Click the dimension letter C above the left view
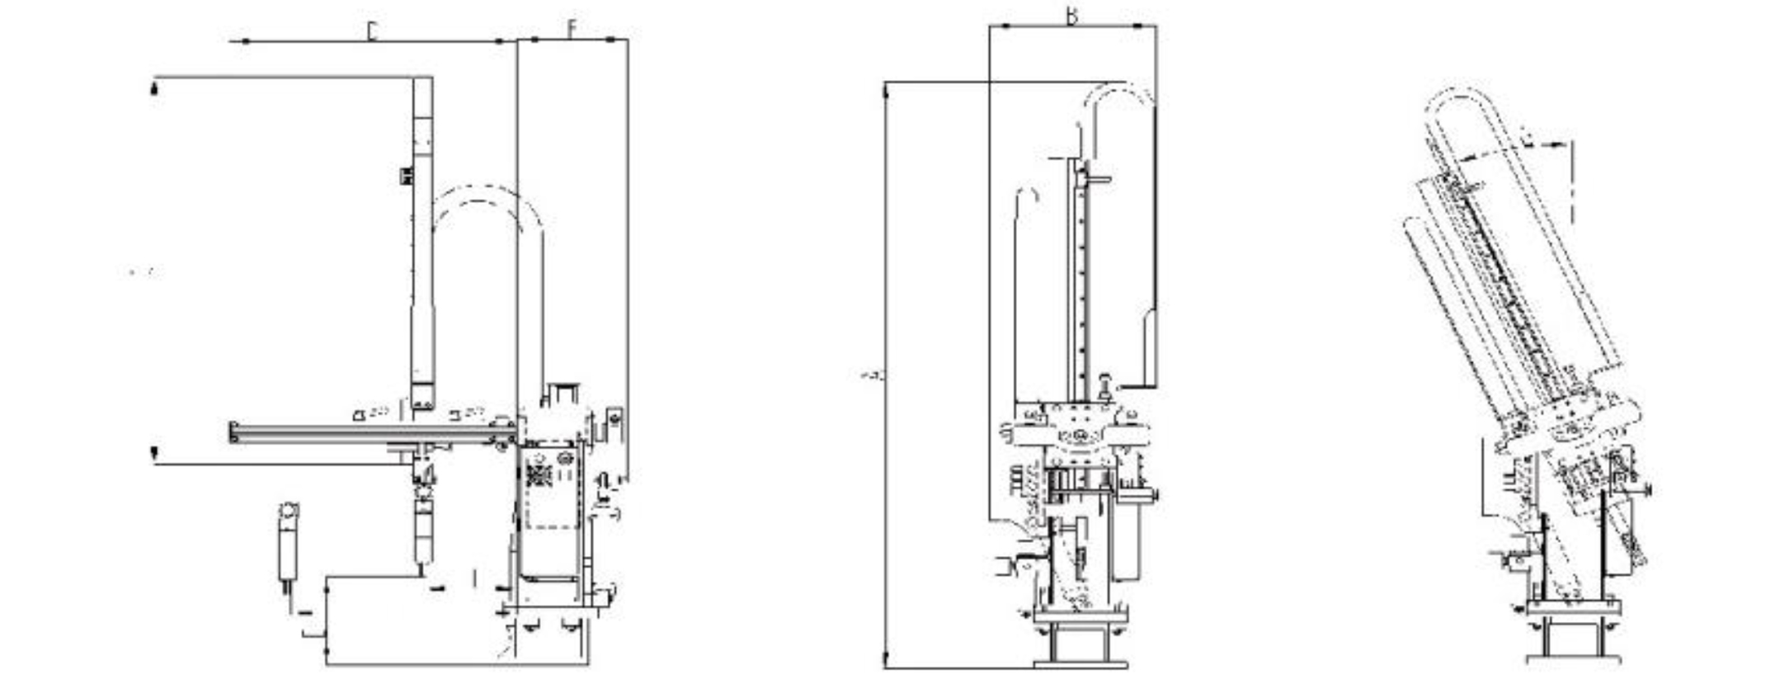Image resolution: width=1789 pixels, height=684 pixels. pos(373,31)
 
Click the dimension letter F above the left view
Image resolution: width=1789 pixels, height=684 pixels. pos(572,29)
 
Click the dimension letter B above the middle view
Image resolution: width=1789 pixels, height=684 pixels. pos(1071,16)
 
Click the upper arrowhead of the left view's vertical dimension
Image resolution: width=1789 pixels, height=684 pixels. pos(154,87)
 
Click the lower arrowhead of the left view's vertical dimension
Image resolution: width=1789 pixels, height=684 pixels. pos(154,453)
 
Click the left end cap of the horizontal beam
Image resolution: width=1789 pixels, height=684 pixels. pos(234,432)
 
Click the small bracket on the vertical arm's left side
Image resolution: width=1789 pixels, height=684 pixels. pos(405,175)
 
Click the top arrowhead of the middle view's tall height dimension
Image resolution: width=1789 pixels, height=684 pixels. pos(886,92)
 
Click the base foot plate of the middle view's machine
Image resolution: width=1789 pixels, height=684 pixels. pos(1080,663)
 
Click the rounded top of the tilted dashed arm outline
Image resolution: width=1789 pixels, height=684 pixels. pos(1460,97)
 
